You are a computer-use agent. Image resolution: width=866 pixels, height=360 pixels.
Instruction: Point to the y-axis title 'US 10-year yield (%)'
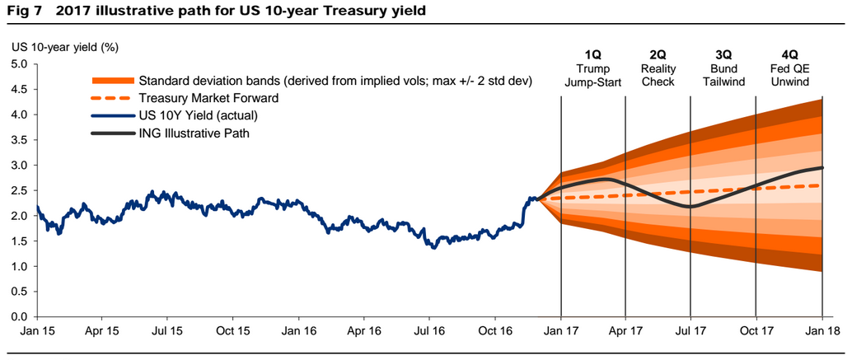click(65, 47)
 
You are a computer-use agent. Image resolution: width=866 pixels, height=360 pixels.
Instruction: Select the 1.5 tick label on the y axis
click(18, 241)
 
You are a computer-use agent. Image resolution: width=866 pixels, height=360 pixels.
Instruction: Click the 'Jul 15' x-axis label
click(167, 332)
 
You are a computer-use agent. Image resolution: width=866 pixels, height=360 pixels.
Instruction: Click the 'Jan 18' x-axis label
click(822, 332)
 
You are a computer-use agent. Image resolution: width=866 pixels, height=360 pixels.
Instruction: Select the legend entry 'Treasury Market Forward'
click(208, 97)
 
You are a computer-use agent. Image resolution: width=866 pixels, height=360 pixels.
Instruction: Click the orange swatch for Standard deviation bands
click(110, 81)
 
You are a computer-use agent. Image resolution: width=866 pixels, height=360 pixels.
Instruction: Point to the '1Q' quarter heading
click(593, 54)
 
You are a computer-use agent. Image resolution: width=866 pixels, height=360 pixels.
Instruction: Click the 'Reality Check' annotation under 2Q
click(657, 75)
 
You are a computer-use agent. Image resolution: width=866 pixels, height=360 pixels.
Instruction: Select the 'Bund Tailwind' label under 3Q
click(723, 75)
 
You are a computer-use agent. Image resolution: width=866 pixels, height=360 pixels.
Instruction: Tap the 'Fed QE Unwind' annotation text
click(788, 75)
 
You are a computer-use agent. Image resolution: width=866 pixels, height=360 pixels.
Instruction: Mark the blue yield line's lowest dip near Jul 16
click(434, 247)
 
